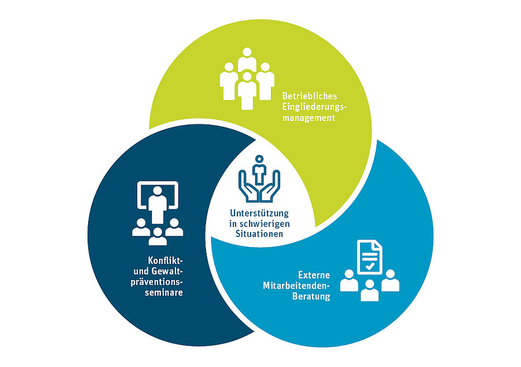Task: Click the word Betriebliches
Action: (309, 96)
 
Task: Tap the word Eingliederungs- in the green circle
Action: (313, 107)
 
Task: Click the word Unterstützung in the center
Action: (259, 214)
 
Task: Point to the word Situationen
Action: (259, 234)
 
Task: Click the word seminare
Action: (165, 293)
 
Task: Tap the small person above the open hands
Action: (259, 166)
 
